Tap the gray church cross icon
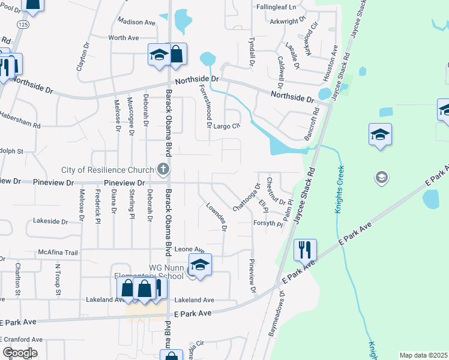(162, 169)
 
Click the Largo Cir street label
(227, 126)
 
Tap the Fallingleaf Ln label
(277, 7)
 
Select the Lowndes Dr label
(216, 217)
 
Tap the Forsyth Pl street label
(267, 223)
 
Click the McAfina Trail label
(58, 253)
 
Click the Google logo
(19, 353)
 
